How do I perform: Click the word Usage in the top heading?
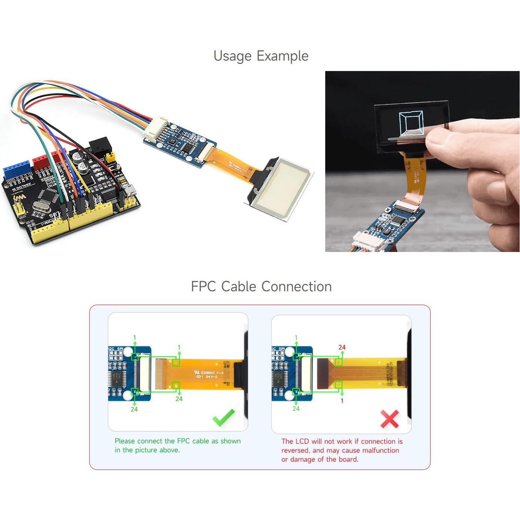pyautogui.click(x=232, y=56)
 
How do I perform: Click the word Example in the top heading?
pyautogui.click(x=282, y=56)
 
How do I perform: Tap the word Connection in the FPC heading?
pyautogui.click(x=296, y=287)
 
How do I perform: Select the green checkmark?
pyautogui.click(x=224, y=417)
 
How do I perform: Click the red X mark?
pyautogui.click(x=390, y=419)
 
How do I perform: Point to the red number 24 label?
pyautogui.click(x=342, y=347)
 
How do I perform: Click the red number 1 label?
pyautogui.click(x=342, y=401)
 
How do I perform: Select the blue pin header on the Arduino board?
pyautogui.click(x=16, y=168)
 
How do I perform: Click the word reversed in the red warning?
pyautogui.click(x=295, y=450)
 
